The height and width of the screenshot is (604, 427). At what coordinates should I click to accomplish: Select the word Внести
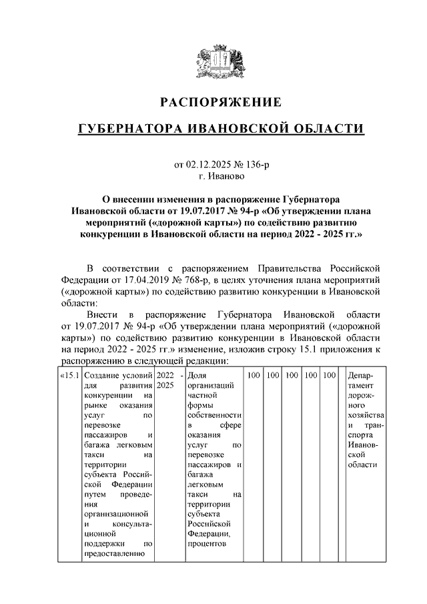[102, 315]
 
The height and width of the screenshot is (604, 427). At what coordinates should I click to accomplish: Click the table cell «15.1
[70, 376]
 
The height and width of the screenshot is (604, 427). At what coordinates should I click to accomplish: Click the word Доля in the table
[197, 376]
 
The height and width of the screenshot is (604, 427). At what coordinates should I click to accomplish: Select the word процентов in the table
[207, 545]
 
